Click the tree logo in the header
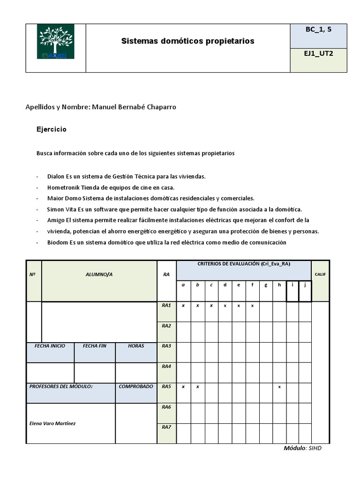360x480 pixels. pyautogui.click(x=55, y=43)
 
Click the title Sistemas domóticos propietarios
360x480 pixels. pyautogui.click(x=187, y=41)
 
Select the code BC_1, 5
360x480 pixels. pyautogui.click(x=318, y=30)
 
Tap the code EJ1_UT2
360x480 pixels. pyautogui.click(x=318, y=54)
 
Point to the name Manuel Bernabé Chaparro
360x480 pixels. pyautogui.click(x=134, y=107)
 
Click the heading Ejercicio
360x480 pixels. pyautogui.click(x=52, y=129)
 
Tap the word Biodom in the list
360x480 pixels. pyautogui.click(x=58, y=242)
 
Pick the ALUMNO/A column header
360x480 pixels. pyautogui.click(x=99, y=274)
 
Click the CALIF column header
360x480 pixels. pyautogui.click(x=320, y=274)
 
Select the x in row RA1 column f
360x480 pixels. pyautogui.click(x=252, y=306)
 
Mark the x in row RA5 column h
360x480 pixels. pyautogui.click(x=279, y=387)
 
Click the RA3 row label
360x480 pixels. pyautogui.click(x=166, y=346)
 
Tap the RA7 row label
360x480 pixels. pyautogui.click(x=166, y=427)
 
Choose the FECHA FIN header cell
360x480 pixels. pyautogui.click(x=94, y=346)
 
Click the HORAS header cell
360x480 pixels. pyautogui.click(x=135, y=346)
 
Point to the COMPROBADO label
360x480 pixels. pyautogui.click(x=135, y=387)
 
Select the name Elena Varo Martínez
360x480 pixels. pyautogui.click(x=52, y=423)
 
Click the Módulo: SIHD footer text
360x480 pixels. pyautogui.click(x=302, y=448)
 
